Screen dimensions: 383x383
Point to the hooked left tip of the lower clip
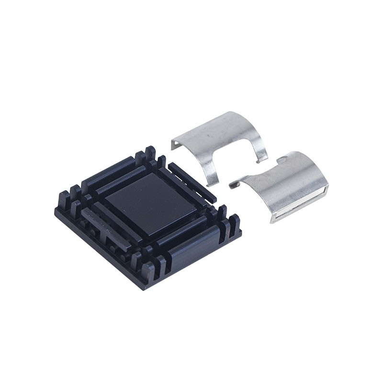(x=233, y=184)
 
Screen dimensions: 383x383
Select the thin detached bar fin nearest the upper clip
(x=192, y=181)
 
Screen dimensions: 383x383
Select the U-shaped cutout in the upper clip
(x=235, y=160)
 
